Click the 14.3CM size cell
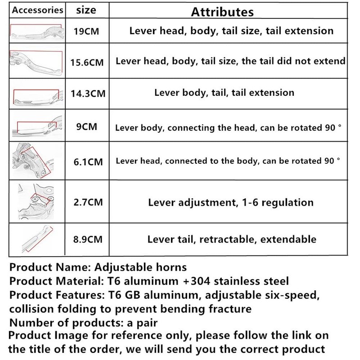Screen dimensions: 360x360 (88, 94)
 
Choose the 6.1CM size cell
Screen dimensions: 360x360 (88, 161)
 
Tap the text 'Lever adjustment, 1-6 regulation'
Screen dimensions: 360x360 (230, 202)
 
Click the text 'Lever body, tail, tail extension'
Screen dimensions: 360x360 (224, 93)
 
